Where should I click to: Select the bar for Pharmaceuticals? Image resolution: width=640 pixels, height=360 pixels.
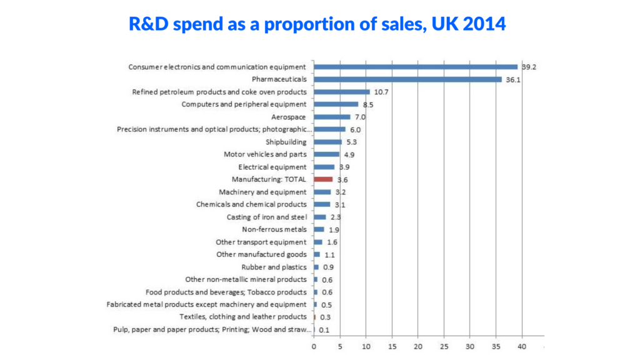(x=407, y=79)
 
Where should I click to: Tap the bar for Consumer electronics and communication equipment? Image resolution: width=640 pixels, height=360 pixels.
(x=416, y=67)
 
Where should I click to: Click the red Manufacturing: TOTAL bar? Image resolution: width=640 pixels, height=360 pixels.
(x=323, y=179)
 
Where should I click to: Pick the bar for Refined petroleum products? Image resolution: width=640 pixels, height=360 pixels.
(x=341, y=92)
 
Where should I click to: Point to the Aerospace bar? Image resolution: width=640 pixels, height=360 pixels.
(x=332, y=117)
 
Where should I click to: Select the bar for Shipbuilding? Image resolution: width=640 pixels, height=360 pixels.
(x=327, y=142)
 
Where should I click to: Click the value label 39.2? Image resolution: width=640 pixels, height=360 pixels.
(x=529, y=67)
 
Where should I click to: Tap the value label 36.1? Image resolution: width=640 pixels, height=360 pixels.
(x=514, y=79)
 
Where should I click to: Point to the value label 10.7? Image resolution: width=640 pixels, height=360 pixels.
(x=381, y=92)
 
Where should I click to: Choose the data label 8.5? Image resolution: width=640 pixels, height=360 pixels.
(x=369, y=104)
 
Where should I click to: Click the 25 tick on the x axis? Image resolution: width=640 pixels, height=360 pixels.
(x=444, y=345)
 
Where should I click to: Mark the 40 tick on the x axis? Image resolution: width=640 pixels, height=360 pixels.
(x=522, y=345)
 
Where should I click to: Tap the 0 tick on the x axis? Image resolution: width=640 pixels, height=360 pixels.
(x=314, y=345)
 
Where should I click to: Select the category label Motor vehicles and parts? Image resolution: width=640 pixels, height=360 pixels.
(x=265, y=154)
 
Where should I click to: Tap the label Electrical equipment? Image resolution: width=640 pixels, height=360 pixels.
(x=272, y=167)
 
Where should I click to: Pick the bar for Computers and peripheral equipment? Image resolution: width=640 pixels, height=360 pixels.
(x=336, y=104)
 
